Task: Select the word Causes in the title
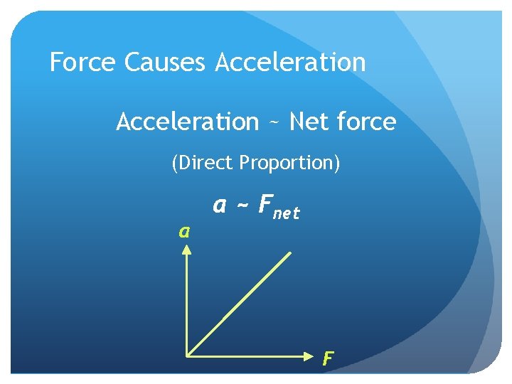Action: pyautogui.click(x=164, y=63)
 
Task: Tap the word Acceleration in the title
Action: pyautogui.click(x=289, y=63)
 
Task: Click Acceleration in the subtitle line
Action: pyautogui.click(x=188, y=122)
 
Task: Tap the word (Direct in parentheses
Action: pyautogui.click(x=203, y=164)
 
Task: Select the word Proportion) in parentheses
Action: pyautogui.click(x=290, y=164)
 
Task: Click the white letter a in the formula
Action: pyautogui.click(x=220, y=206)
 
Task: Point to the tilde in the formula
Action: pyautogui.click(x=242, y=206)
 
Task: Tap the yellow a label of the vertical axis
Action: pyautogui.click(x=184, y=231)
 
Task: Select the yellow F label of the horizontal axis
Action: pyautogui.click(x=327, y=358)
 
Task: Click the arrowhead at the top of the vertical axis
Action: pyautogui.click(x=186, y=248)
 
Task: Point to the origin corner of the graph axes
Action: pyautogui.click(x=186, y=353)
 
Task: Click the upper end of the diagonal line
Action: pyautogui.click(x=290, y=251)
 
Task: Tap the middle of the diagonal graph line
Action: pyautogui.click(x=239, y=302)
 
